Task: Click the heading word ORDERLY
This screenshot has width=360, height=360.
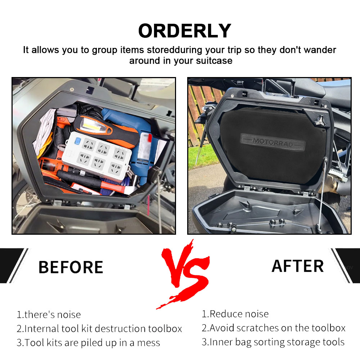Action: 185,31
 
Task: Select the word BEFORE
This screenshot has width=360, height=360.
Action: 71,267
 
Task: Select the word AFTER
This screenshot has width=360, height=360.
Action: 298,266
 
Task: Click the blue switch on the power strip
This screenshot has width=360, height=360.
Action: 78,140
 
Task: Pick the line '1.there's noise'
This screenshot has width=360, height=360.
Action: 49,315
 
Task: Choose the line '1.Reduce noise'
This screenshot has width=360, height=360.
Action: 235,314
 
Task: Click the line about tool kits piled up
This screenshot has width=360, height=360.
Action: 89,343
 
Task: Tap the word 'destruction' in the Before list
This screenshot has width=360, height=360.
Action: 118,329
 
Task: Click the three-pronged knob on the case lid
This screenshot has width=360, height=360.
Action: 320,121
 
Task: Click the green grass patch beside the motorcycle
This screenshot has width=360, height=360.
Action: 202,156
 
